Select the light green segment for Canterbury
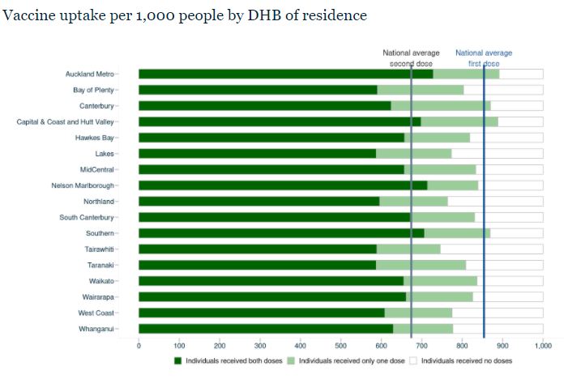(x=441, y=106)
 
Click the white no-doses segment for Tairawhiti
(x=491, y=249)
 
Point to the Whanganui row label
(x=95, y=329)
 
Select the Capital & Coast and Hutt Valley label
(x=66, y=121)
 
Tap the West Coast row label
(x=96, y=313)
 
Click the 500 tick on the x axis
(x=340, y=346)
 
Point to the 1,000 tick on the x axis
(x=542, y=346)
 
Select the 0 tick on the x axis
(x=139, y=346)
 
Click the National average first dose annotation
(x=484, y=58)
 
